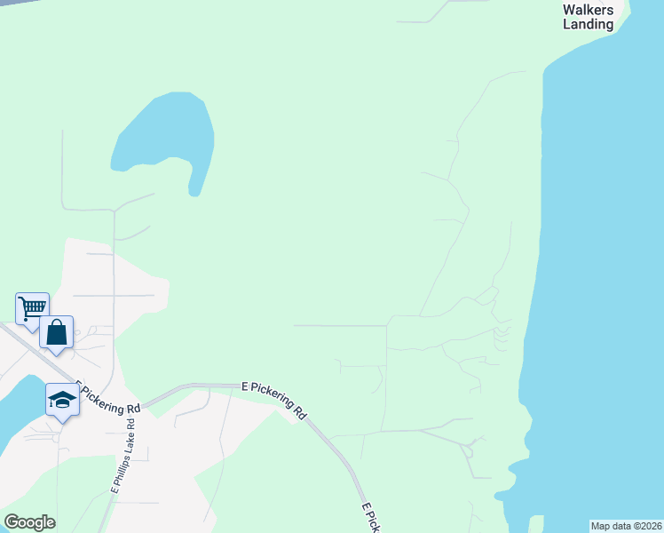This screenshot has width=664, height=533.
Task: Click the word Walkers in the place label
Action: tap(588, 10)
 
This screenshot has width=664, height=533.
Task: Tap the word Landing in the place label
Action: tap(588, 24)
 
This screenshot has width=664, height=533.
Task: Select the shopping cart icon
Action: tap(32, 308)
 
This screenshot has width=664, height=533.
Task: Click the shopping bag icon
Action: tap(56, 332)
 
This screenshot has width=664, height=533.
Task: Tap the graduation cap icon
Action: tap(62, 400)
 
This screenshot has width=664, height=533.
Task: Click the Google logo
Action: tap(29, 522)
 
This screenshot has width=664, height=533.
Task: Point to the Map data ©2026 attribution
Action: tap(627, 526)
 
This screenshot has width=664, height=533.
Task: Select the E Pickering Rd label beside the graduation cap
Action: tap(108, 399)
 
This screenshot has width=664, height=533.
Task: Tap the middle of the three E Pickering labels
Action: tap(274, 400)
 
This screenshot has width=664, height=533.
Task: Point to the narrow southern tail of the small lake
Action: tap(194, 185)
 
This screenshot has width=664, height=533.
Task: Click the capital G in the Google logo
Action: tap(11, 522)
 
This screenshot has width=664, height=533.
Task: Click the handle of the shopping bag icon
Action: tap(56, 324)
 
